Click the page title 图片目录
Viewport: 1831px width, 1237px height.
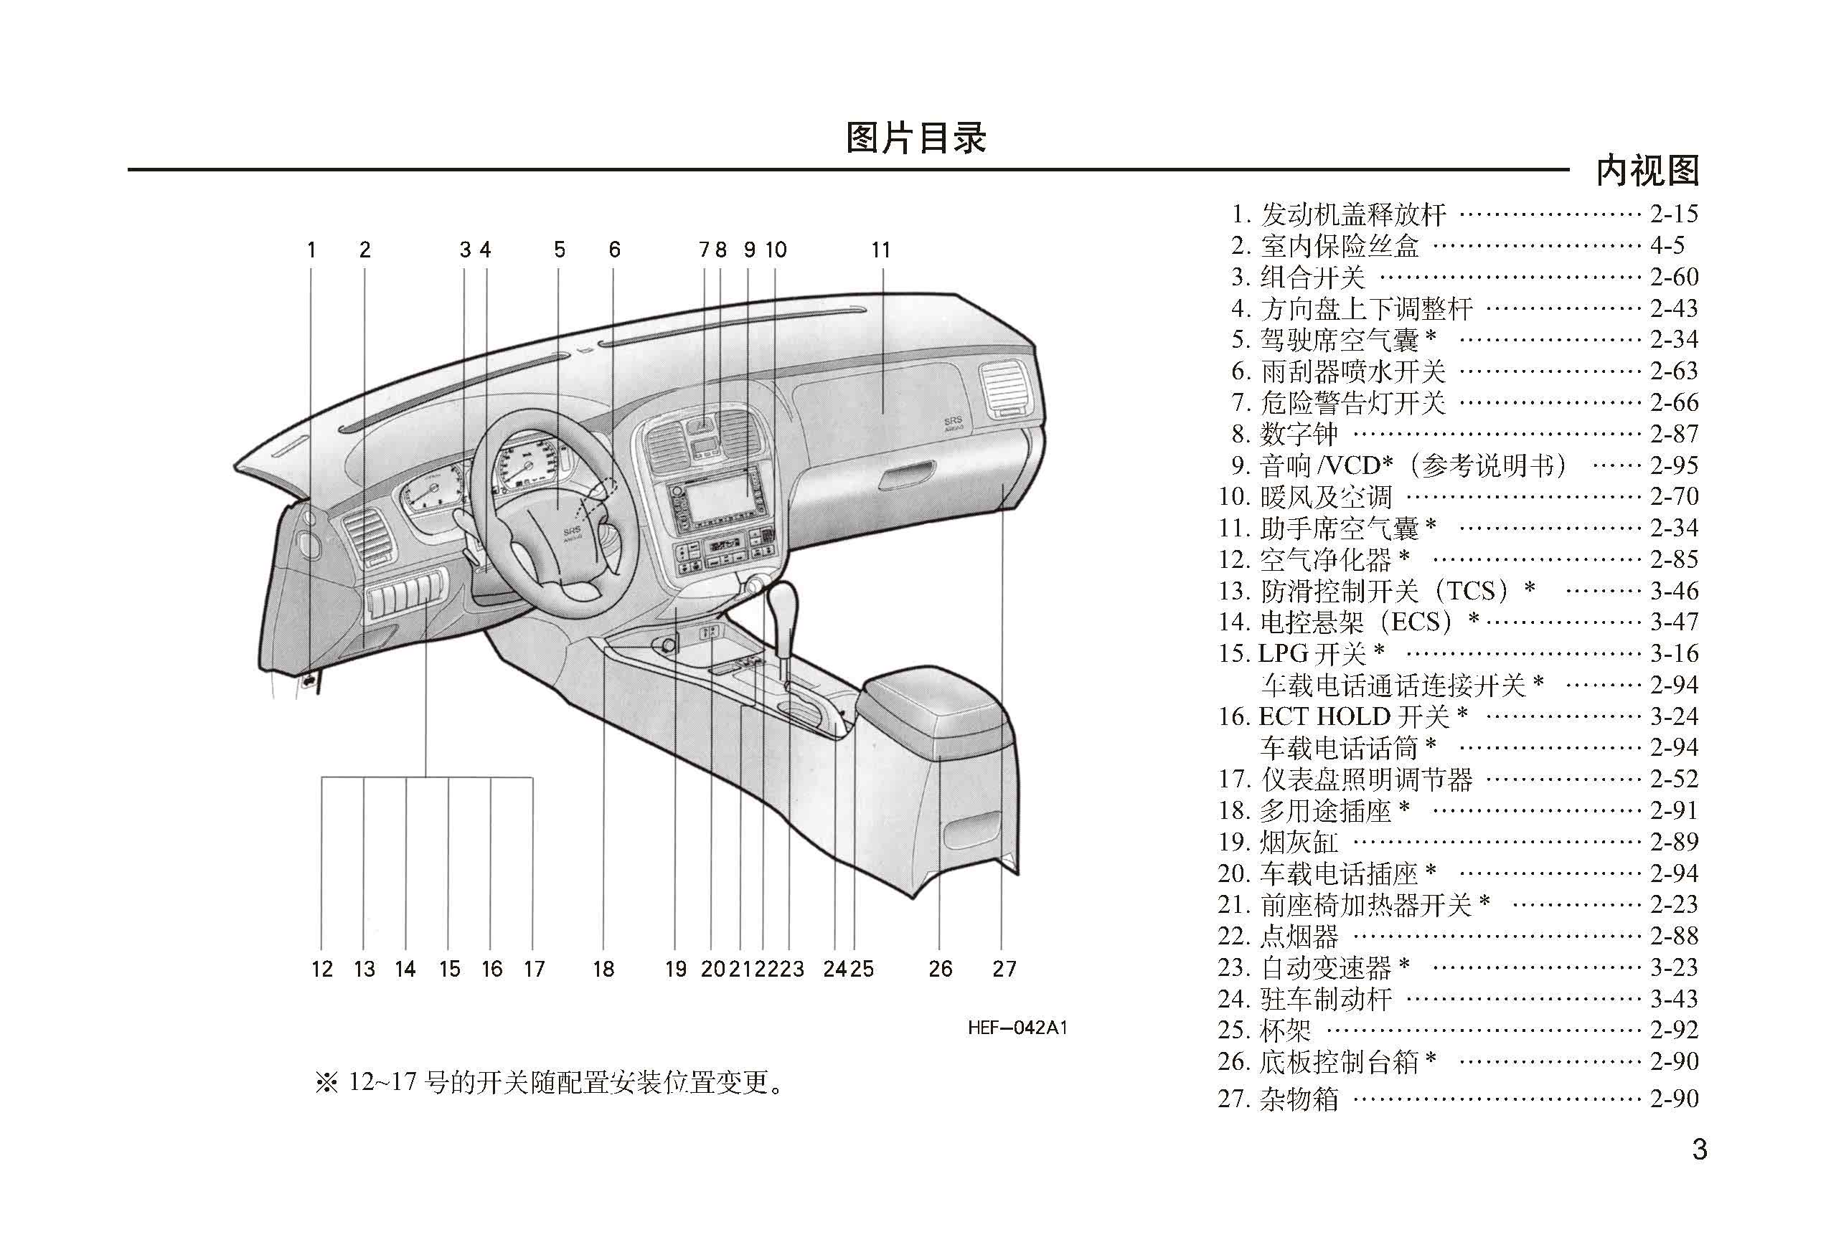click(915, 138)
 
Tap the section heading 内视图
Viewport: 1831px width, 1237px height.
click(1647, 171)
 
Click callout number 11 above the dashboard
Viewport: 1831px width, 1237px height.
click(881, 250)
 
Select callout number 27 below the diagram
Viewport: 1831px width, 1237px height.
click(1004, 969)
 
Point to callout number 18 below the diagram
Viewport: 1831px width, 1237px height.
click(603, 969)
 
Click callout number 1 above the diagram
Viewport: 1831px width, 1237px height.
click(311, 250)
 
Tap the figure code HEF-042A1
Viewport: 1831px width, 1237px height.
click(1017, 1028)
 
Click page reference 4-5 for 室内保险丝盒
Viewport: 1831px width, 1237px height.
click(1668, 246)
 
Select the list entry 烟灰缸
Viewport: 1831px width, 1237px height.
click(1299, 842)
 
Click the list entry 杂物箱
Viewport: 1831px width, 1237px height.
click(1299, 1098)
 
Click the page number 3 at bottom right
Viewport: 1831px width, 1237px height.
click(1700, 1150)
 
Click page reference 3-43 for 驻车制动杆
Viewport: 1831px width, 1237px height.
click(1674, 998)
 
